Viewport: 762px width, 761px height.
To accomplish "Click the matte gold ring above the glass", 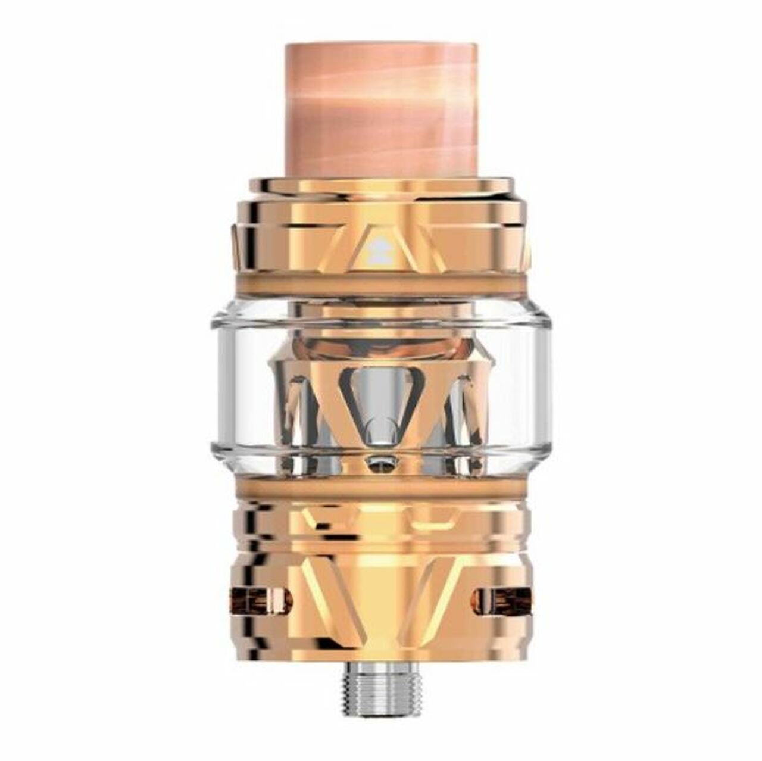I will pos(381,285).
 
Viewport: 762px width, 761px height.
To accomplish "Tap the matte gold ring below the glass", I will pos(381,487).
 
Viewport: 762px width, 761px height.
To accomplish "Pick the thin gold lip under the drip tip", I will pos(381,185).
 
